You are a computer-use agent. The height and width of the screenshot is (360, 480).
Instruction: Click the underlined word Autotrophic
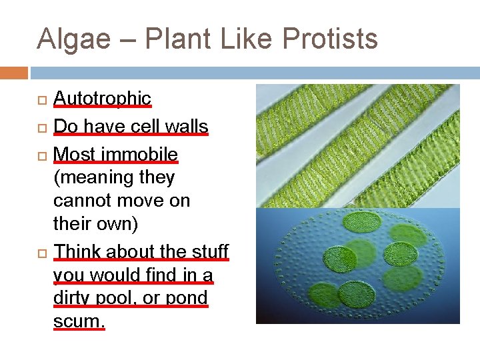pos(102,98)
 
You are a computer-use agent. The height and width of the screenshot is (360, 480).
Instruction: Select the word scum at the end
pos(79,321)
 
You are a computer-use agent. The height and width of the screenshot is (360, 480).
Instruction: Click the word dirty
pos(72,297)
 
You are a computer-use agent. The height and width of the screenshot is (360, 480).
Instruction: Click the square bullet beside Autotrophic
pos(41,99)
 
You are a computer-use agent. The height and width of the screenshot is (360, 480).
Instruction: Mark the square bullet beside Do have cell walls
pos(41,127)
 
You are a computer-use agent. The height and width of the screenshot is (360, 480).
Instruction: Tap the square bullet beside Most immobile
pos(41,155)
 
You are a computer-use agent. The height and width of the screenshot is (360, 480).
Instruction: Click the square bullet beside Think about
pos(41,252)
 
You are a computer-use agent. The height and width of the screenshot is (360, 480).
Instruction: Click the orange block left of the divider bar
pos(14,72)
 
